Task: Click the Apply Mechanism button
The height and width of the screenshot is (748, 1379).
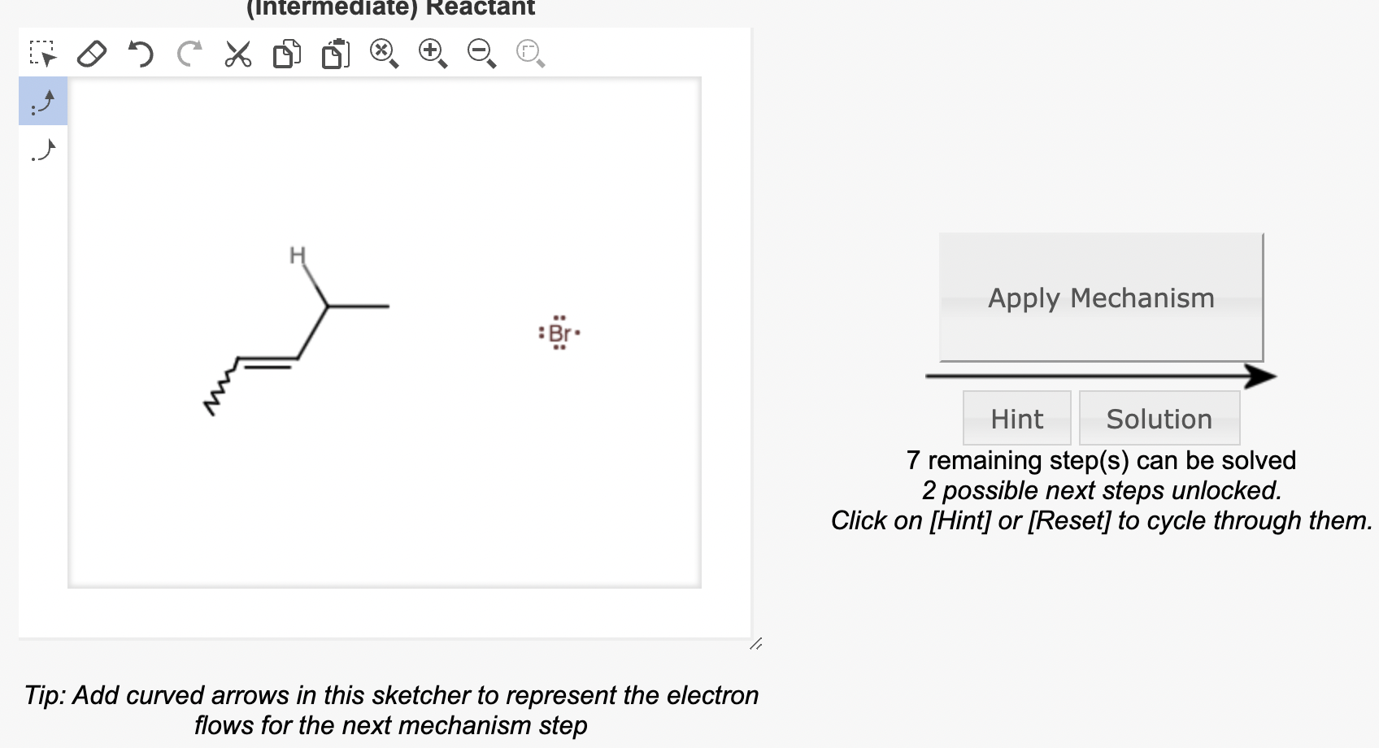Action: coord(1101,298)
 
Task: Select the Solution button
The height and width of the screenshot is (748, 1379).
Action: coord(1159,419)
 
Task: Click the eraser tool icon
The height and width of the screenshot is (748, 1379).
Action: coord(92,54)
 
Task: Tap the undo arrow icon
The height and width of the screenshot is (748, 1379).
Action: coord(141,54)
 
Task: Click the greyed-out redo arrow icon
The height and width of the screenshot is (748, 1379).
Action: coord(189,54)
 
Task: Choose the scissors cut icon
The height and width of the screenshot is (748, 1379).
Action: coord(237,54)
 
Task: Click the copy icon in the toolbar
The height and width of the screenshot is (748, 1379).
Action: coord(286,54)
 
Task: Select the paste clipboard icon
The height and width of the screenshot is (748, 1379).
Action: coord(335,54)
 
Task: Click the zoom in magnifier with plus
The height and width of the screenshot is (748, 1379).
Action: coord(433,54)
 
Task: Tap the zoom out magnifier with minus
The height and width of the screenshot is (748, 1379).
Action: coord(481,54)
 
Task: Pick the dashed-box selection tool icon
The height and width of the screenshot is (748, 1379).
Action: coord(43,54)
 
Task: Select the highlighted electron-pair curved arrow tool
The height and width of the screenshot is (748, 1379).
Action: coord(43,102)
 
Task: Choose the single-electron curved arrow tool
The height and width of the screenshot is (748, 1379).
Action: coord(43,150)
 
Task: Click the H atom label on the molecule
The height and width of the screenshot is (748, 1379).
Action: coord(298,255)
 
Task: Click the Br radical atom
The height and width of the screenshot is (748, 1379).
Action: coord(559,333)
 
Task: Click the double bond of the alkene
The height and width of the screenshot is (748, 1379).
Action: coord(268,362)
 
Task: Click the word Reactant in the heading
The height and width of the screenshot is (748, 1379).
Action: coord(480,8)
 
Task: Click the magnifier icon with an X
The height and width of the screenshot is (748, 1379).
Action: coord(384,54)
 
